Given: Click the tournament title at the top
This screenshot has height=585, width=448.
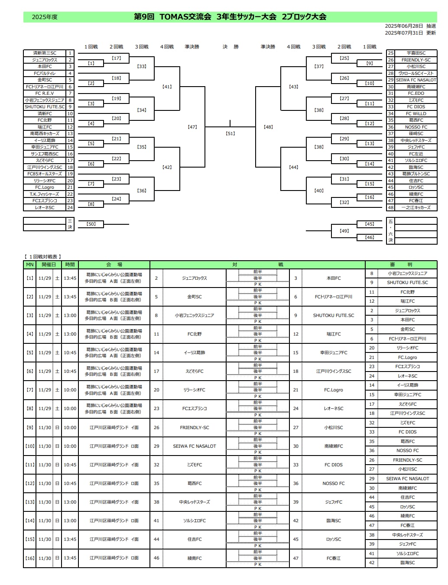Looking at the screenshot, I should [x=230, y=17].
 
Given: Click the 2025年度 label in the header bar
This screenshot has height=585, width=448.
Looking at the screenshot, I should [x=45, y=17].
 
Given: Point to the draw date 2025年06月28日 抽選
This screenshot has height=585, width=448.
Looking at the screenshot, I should [x=410, y=26].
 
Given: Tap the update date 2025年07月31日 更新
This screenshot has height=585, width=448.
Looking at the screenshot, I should [x=410, y=33].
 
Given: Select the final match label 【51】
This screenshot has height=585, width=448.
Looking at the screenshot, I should [x=230, y=134].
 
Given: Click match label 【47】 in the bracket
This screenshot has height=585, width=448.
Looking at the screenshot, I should [x=192, y=127].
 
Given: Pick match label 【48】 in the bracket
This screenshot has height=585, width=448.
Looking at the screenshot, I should [x=268, y=127].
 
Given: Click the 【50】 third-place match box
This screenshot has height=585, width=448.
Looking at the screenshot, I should [x=91, y=224].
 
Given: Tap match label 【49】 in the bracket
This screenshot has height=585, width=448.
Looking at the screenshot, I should [x=344, y=231].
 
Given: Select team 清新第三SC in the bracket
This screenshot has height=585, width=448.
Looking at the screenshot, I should [x=45, y=53].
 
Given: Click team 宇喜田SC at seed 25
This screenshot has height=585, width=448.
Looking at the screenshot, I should [x=416, y=53].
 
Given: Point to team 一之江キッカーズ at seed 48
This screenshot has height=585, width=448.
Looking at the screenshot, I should [x=416, y=208].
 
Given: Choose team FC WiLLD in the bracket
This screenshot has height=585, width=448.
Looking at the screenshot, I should [x=416, y=114].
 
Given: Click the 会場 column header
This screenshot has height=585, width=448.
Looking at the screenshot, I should [x=114, y=265].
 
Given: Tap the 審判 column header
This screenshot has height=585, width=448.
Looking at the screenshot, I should [x=401, y=265].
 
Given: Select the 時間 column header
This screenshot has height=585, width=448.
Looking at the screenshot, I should [x=70, y=265].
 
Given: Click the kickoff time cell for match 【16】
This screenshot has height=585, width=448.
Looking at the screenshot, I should [x=70, y=558].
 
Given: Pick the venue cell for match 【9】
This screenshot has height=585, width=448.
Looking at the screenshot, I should [x=114, y=427].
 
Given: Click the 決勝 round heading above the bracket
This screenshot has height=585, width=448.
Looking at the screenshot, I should [x=230, y=47].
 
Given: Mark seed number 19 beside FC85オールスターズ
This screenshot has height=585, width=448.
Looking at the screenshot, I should [x=70, y=174].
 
